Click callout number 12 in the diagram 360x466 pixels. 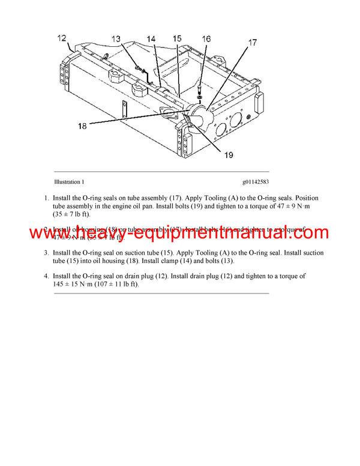(62, 38)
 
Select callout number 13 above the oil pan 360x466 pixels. (116, 39)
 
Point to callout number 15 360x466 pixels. (177, 39)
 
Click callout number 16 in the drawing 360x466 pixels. (206, 39)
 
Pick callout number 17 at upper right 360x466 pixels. (253, 43)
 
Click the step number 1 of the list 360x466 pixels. (46, 198)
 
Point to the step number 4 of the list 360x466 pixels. (46, 276)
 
